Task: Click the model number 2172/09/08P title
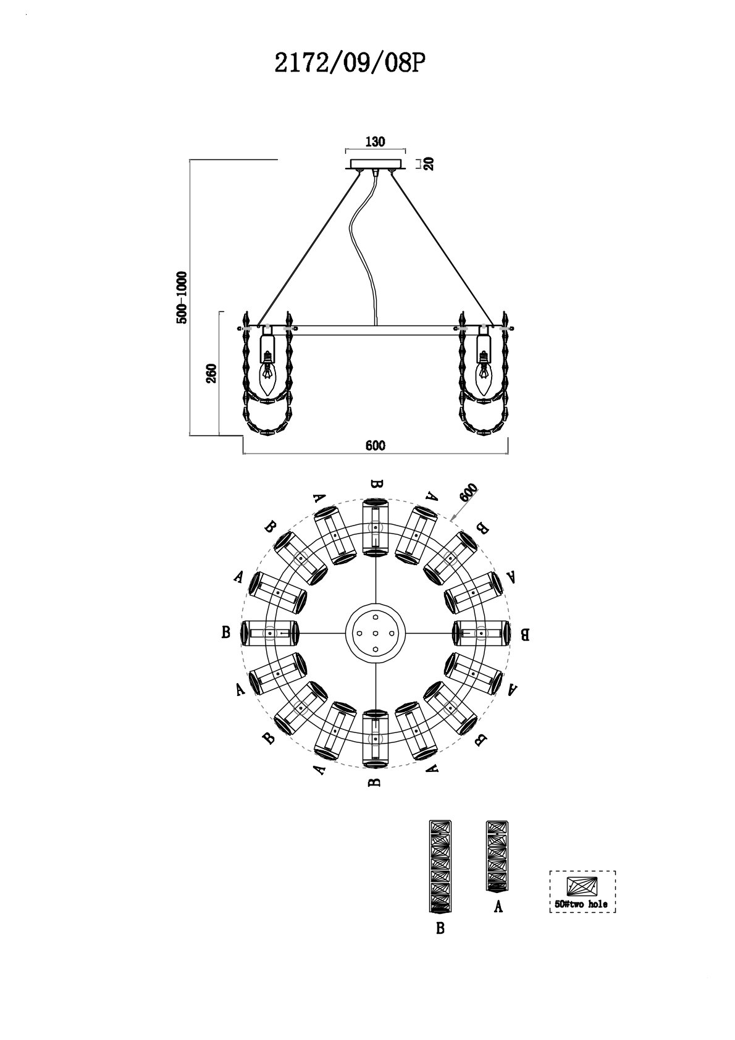tap(350, 63)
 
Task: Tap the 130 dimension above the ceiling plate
tap(375, 141)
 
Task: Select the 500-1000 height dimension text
tap(182, 297)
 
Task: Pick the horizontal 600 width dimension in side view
tap(375, 446)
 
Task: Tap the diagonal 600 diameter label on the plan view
tap(468, 493)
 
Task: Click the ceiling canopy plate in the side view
tap(376, 164)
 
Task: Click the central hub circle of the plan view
tap(375, 633)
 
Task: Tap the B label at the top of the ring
tap(375, 484)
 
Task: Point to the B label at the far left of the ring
tap(226, 632)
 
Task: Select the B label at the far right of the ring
tap(524, 634)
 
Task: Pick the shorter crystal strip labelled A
tap(498, 856)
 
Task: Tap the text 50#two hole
tap(581, 904)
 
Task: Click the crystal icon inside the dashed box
tap(582, 886)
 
